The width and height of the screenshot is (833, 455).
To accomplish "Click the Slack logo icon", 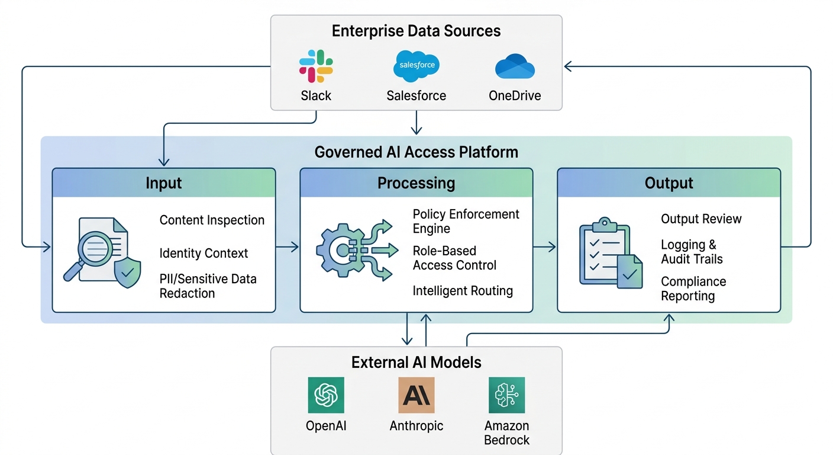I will click(316, 66).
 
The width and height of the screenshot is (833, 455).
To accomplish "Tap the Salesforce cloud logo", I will click(417, 66).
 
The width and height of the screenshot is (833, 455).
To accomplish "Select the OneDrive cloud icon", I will click(515, 66).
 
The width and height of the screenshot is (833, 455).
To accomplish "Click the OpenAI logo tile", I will click(326, 395).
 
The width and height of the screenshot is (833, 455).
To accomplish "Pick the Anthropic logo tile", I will click(417, 395).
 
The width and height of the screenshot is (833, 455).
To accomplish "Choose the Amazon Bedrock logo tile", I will click(506, 395).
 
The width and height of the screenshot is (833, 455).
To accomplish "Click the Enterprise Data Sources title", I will click(416, 31).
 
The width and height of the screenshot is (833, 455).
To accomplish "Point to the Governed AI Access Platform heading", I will click(416, 152).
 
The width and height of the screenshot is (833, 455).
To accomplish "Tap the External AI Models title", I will click(416, 362).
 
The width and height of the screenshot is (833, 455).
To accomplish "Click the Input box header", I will click(164, 183).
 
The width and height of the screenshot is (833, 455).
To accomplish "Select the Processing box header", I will click(416, 183).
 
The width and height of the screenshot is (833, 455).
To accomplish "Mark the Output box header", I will click(669, 183).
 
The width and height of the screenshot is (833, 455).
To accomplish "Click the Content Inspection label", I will click(212, 220).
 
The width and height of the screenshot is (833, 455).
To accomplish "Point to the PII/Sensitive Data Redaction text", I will click(208, 286).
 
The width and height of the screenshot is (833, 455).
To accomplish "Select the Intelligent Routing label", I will click(463, 291).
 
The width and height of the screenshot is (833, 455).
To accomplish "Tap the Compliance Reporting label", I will click(693, 289).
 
